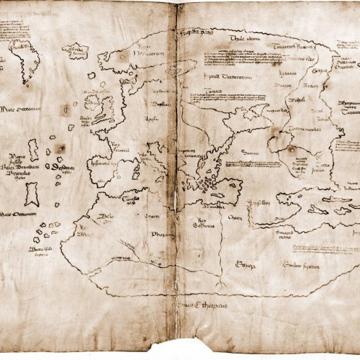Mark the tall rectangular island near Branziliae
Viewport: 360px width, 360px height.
click(x=31, y=194)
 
